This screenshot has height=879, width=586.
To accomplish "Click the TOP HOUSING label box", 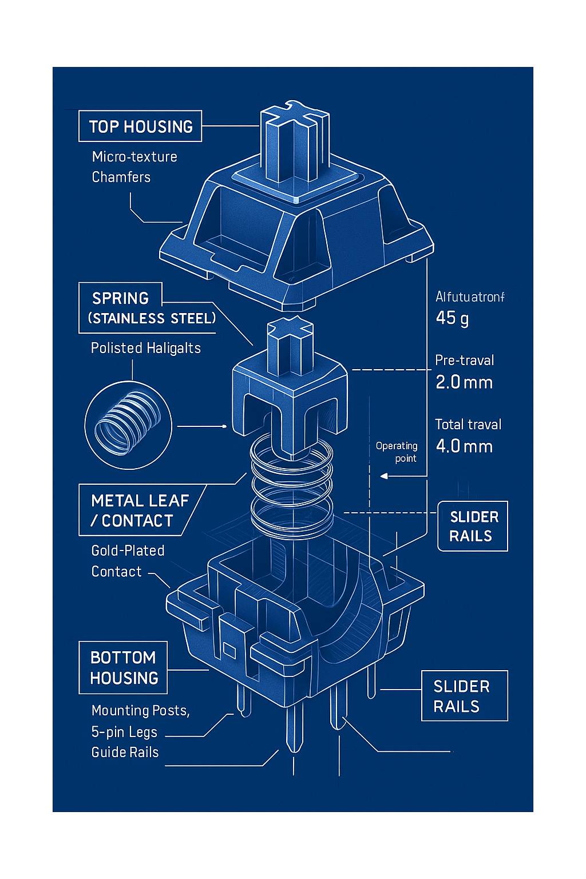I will tap(140, 126).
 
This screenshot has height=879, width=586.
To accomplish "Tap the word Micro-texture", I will tap(134, 157).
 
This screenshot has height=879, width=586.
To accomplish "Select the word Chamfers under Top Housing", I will tap(121, 177).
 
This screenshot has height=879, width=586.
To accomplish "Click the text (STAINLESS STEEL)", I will tap(152, 319).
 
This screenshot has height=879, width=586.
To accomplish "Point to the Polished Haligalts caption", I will tap(146, 349).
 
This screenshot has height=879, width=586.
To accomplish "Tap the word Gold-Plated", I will tap(128, 551).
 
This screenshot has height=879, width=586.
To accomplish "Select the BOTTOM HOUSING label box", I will tap(123, 668).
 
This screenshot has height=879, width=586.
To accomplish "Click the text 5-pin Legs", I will tap(124, 732).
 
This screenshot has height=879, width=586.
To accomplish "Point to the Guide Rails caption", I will tap(125, 753).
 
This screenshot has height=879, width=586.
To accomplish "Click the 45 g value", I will tap(452, 318).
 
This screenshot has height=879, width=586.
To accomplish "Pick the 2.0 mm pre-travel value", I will tap(464, 382).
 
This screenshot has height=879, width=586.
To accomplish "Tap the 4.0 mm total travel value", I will tap(464, 446).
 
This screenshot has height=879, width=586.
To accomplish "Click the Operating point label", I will tap(397, 452).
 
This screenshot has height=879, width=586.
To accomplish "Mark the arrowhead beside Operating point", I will tap(384, 476).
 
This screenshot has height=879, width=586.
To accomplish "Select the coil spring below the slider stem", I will tap(292, 486).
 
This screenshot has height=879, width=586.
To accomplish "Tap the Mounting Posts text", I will tap(140, 711).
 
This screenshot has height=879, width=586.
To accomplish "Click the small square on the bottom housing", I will tap(229, 650).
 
